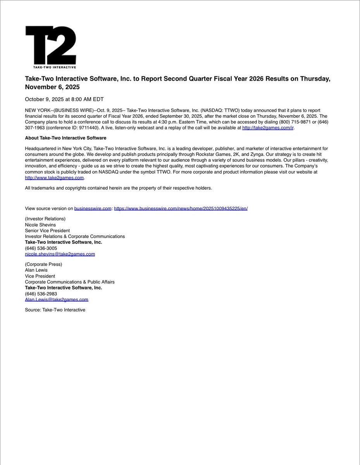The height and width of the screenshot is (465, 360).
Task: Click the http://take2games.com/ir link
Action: point(268,127)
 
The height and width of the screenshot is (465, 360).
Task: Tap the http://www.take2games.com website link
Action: point(54,178)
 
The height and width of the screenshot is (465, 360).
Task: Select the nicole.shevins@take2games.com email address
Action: point(60,254)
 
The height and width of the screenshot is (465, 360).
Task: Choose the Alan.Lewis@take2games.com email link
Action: point(57,300)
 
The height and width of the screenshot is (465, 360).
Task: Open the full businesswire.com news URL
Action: point(181,208)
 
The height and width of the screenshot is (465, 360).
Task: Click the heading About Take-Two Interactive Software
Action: point(65,138)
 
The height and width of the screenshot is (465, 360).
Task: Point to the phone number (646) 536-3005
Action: point(41,248)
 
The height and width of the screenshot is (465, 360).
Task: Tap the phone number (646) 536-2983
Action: point(41,294)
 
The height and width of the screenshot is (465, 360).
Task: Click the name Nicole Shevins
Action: point(40,225)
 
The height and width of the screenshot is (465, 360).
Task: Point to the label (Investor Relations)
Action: point(45,219)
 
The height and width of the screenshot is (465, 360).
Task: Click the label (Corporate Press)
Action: point(43,264)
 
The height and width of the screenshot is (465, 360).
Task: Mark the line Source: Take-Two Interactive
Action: point(55,310)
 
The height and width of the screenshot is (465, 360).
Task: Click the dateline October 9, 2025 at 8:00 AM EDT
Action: point(64,99)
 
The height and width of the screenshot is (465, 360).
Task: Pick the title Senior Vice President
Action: point(47,231)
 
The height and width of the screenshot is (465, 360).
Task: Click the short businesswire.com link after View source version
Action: point(93,208)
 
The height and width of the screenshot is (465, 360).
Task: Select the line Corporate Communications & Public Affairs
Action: point(70,282)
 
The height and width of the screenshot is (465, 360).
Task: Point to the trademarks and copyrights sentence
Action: point(119,188)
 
